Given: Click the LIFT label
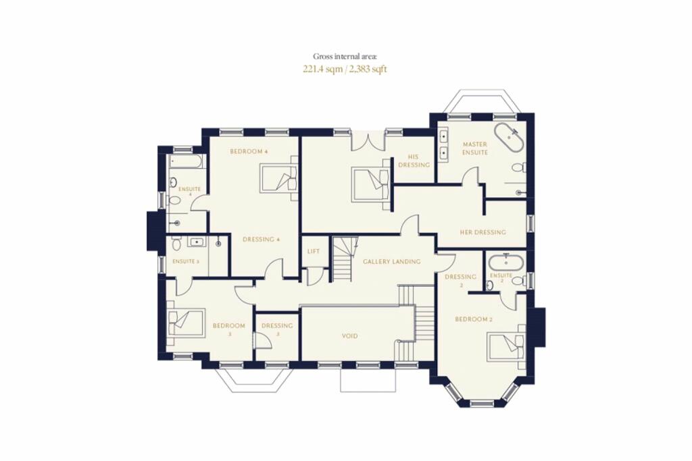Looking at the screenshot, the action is click(314, 251).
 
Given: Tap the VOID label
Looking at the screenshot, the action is click(350, 336).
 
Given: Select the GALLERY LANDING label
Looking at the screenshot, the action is click(392, 261).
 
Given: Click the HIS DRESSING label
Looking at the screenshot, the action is click(414, 161).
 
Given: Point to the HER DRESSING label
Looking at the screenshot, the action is click(483, 232).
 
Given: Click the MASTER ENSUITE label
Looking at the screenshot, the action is click(475, 148).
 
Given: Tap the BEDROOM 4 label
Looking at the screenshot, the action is click(249, 151).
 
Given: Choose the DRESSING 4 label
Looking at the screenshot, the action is click(262, 240).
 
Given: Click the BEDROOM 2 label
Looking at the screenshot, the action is click(474, 319).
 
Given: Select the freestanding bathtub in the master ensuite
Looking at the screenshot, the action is click(510, 138).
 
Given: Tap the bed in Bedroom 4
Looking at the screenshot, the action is click(278, 178).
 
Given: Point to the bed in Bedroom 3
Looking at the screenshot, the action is click(187, 323).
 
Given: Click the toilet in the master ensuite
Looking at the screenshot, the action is click(519, 167).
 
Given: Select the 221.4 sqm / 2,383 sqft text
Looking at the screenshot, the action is click(345, 70).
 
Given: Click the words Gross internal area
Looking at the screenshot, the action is click(345, 56).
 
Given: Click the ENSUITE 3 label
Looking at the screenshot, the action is click(185, 261).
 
